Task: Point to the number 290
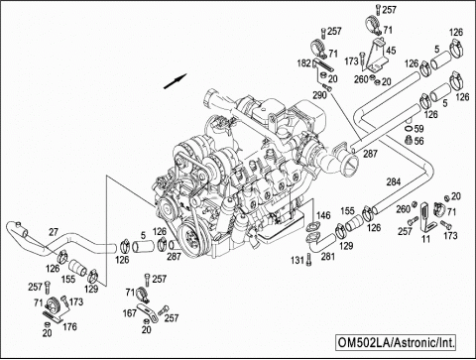click(x=320, y=95)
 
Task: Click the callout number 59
click(x=419, y=129)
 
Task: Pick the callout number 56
click(x=419, y=142)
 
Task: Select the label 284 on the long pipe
click(x=393, y=181)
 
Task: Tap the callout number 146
click(x=323, y=215)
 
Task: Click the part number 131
click(x=296, y=261)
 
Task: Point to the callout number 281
click(x=328, y=260)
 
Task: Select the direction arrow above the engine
click(x=178, y=75)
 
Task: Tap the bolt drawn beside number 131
click(x=310, y=259)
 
